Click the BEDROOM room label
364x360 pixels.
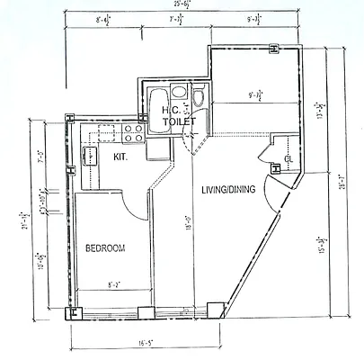click(x=105, y=247)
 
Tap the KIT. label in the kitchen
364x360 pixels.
click(x=120, y=157)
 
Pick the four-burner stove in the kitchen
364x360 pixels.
click(x=133, y=132)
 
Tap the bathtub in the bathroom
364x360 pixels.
click(x=158, y=98)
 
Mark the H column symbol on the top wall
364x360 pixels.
click(x=271, y=50)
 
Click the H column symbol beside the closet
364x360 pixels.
click(x=275, y=166)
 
